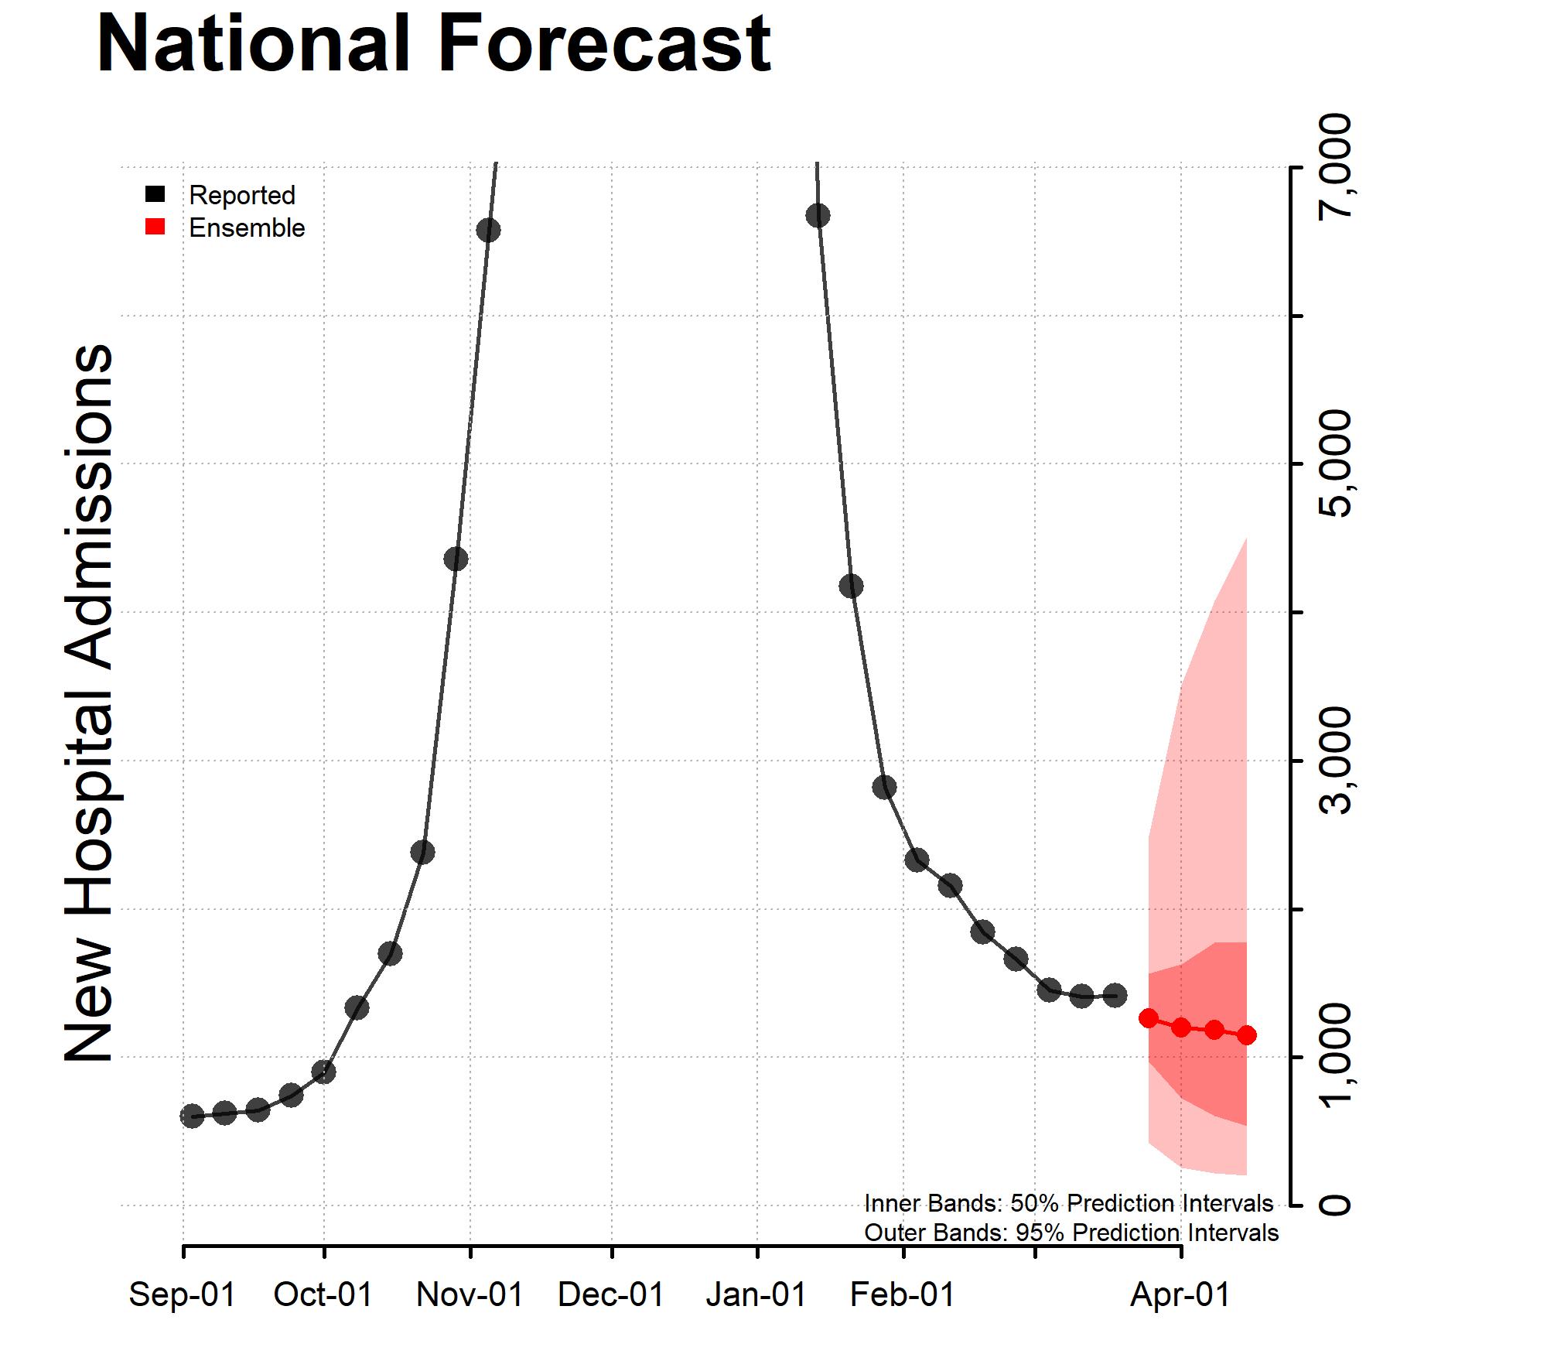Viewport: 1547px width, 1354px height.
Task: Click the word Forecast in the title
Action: click(x=604, y=44)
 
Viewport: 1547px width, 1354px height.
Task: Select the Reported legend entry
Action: click(x=241, y=195)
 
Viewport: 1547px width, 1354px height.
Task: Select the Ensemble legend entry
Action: click(x=246, y=228)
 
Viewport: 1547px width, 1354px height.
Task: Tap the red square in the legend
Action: click(x=155, y=227)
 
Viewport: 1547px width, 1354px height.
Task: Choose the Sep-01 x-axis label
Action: click(x=182, y=1294)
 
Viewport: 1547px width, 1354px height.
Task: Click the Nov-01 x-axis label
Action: click(x=470, y=1294)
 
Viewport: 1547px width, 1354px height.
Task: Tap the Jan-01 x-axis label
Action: click(x=756, y=1294)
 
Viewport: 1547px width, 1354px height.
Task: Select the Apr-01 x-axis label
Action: click(x=1180, y=1294)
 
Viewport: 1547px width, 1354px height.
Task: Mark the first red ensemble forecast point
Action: click(x=1148, y=1018)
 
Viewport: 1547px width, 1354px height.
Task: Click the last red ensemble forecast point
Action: click(x=1246, y=1035)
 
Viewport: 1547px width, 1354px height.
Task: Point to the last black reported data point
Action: click(x=1115, y=996)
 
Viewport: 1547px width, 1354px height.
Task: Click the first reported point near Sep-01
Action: click(x=192, y=1116)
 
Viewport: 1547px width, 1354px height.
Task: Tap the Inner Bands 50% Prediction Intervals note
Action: click(x=1068, y=1203)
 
